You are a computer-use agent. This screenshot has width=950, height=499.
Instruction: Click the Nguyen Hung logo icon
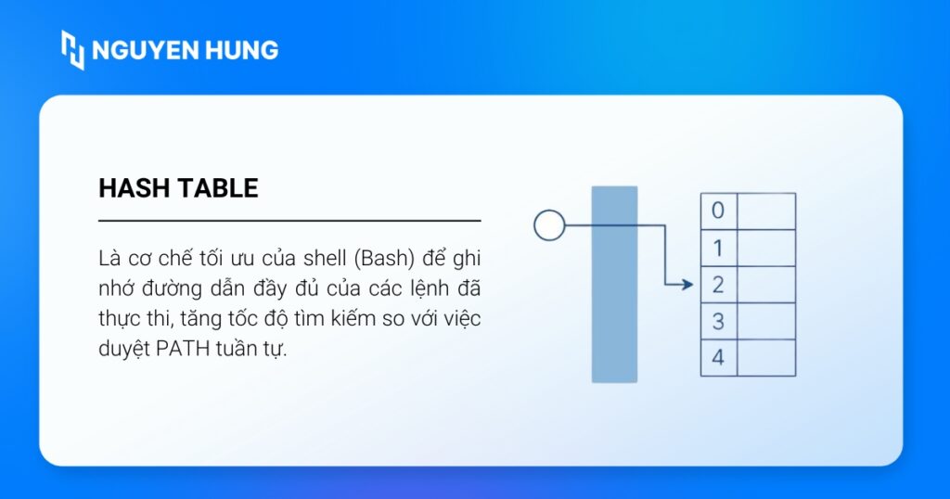[x=72, y=50]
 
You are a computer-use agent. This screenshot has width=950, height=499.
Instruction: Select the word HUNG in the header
[x=242, y=50]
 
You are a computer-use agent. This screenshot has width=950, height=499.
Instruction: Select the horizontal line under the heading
[x=289, y=221]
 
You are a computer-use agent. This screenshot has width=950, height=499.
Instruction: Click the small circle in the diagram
[x=549, y=225]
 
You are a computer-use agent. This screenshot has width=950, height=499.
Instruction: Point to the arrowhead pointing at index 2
[x=687, y=284]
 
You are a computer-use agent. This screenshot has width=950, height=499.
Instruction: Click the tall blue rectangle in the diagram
[x=614, y=284]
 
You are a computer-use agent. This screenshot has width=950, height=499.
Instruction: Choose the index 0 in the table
[x=718, y=211]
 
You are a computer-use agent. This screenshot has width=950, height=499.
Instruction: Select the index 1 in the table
[x=718, y=248]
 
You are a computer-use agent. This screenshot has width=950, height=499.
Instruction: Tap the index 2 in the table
[x=718, y=284]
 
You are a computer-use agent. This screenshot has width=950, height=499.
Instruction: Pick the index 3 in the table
[x=718, y=321]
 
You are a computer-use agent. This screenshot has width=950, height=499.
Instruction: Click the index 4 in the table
[x=718, y=357]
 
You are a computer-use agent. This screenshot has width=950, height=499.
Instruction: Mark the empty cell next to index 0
[x=766, y=211]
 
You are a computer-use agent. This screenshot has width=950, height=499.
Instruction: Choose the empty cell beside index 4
[x=766, y=358]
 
